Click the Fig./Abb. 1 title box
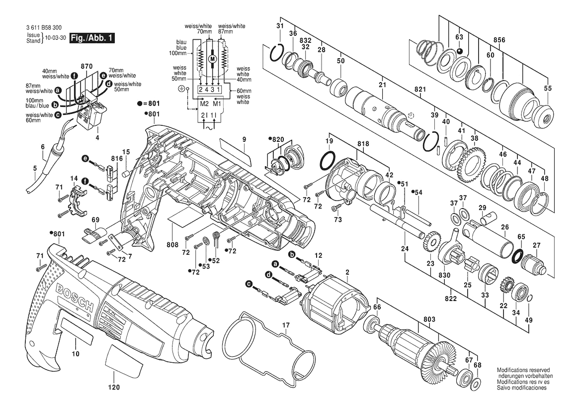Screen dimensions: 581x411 pos(92,37)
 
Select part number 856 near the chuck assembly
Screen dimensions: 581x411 pos(499,40)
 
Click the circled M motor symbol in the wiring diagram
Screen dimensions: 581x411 pos(213,58)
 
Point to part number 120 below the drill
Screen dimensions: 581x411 pos(114,387)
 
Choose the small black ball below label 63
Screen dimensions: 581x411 pos(459,51)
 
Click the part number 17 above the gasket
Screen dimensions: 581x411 pos(286,325)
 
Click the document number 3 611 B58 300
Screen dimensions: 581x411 pos(44,27)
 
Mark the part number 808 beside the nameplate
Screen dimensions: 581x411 pos(172,245)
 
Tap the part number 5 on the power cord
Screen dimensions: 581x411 pos(35,168)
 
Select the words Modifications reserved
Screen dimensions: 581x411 pos(523,370)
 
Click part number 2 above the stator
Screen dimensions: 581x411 pos(347,273)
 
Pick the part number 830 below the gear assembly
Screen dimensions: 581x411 pos(444,275)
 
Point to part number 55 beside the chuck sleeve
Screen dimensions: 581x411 pos(548,88)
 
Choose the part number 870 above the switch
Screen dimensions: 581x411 pos(86,66)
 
